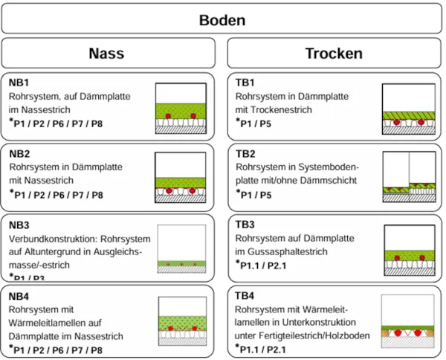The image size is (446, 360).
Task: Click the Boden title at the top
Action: coord(222,20)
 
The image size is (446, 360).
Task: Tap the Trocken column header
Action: coord(333,54)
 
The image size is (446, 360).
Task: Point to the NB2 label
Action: coord(19,154)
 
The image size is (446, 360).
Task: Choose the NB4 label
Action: coord(19,297)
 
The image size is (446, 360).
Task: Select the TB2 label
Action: coord(245,154)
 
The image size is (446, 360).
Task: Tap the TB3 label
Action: coord(245,225)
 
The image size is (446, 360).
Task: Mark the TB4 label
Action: coord(245,296)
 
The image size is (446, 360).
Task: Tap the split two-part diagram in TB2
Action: coord(408,178)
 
